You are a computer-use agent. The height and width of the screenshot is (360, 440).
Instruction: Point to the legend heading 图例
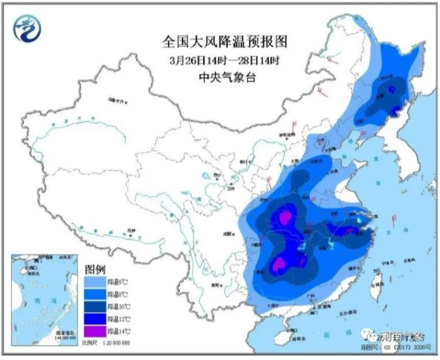(x=95, y=267)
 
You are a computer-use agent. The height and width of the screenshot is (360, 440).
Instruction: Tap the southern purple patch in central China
(x=280, y=265)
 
